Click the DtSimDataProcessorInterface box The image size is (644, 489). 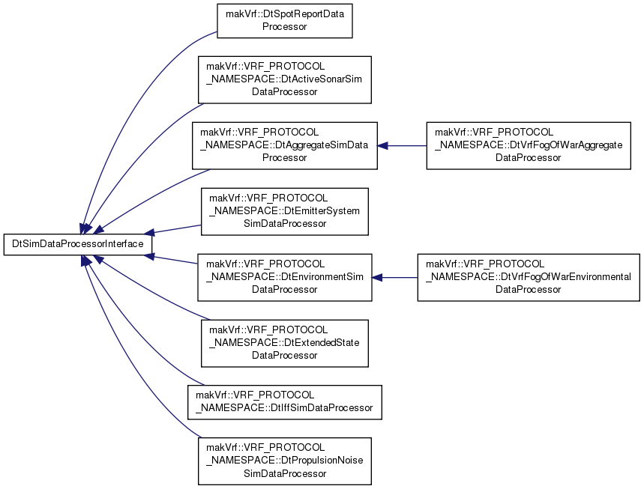click(78, 244)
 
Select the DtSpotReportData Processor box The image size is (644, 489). click(285, 20)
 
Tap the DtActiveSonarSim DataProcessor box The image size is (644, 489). click(285, 79)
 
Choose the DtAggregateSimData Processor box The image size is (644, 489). click(285, 145)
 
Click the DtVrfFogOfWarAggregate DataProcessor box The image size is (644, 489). click(529, 145)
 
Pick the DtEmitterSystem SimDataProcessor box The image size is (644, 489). click(285, 211)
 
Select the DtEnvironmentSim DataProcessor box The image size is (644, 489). click(285, 277)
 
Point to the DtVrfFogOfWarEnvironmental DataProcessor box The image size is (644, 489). click(529, 277)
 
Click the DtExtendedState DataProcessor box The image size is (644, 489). click(285, 343)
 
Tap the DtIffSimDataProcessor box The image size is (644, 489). click(285, 402)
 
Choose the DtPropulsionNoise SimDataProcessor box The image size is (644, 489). click(285, 461)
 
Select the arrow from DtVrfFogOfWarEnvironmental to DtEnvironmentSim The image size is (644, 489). click(394, 278)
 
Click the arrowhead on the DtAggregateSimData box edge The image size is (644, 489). click(382, 145)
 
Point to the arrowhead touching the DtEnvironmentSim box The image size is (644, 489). click(377, 278)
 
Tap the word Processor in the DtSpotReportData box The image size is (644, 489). click(285, 27)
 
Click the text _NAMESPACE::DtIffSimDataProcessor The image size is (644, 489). click(284, 408)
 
